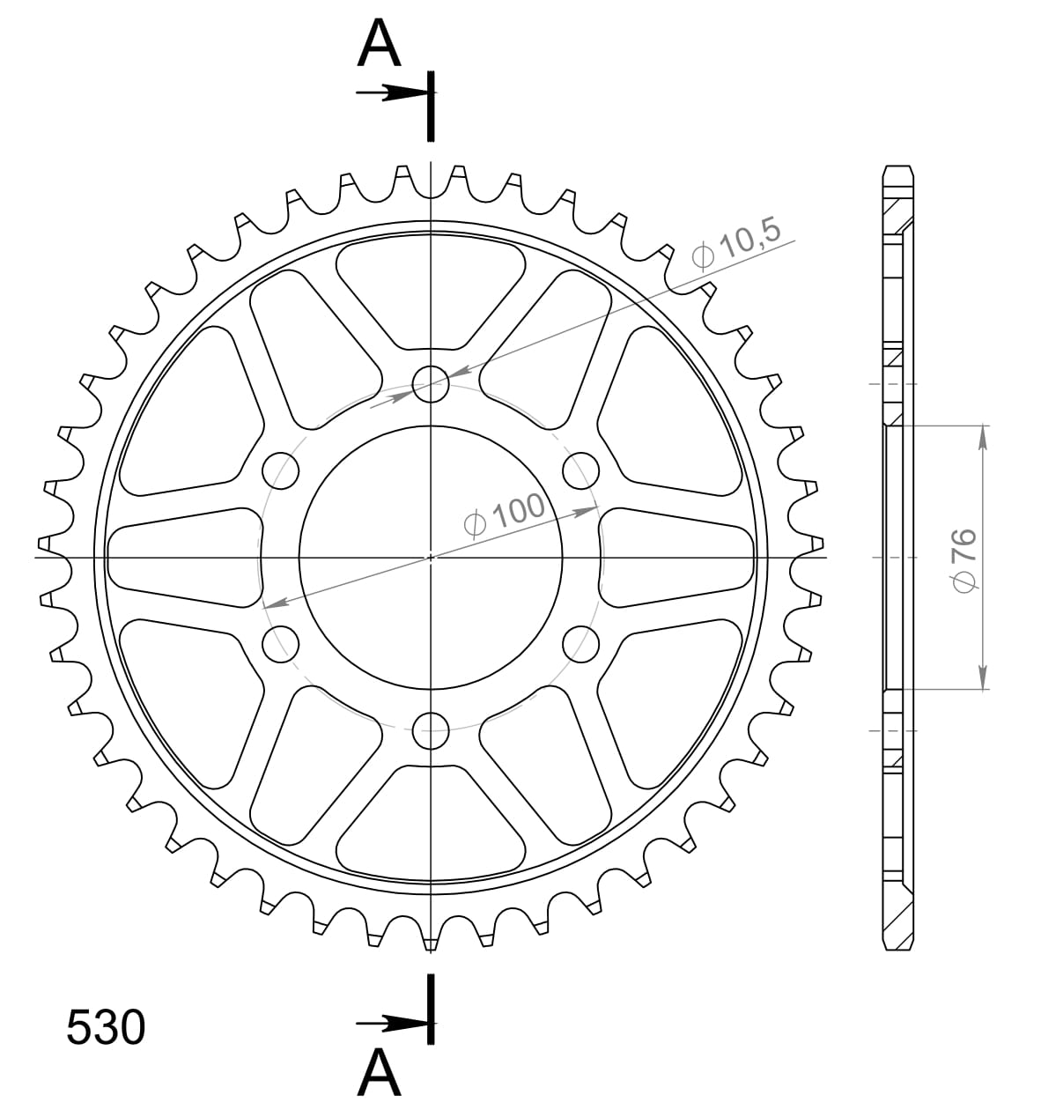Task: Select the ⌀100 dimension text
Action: (x=505, y=514)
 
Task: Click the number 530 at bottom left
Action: (x=106, y=1028)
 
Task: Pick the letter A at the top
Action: (x=380, y=45)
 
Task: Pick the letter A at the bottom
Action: (x=380, y=1072)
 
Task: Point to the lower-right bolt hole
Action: (x=580, y=642)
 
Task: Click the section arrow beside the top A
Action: (x=392, y=92)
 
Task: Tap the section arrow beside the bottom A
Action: (x=392, y=1024)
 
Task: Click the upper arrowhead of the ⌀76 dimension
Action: (x=983, y=436)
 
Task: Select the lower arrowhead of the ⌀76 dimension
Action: (x=983, y=678)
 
